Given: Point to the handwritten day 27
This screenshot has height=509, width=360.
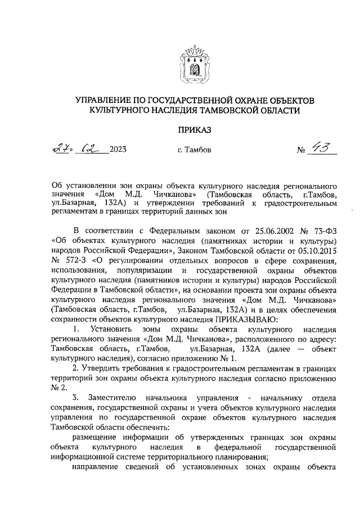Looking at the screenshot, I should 62,149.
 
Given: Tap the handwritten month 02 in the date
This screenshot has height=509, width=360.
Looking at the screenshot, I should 89,149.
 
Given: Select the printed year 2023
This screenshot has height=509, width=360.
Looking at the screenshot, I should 118,150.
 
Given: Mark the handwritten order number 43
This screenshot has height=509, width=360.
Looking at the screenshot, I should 323,148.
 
